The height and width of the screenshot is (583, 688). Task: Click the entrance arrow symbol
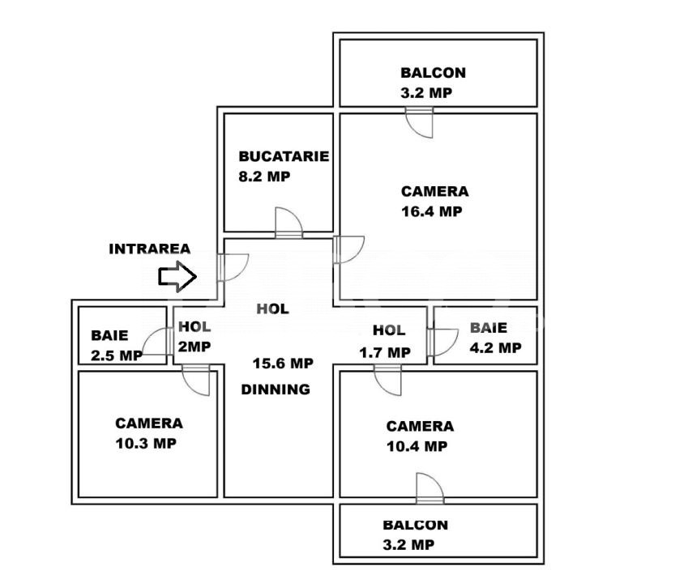pyautogui.click(x=177, y=276)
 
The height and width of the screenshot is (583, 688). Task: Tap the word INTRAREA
pyautogui.click(x=150, y=249)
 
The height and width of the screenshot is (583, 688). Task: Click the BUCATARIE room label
pyautogui.click(x=284, y=156)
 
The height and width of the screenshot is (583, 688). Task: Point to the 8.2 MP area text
pyautogui.click(x=264, y=177)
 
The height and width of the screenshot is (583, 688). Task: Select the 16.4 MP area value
pyautogui.click(x=432, y=211)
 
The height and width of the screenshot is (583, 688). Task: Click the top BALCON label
pyautogui.click(x=433, y=73)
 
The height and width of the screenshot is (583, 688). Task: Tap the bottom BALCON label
pyautogui.click(x=415, y=525)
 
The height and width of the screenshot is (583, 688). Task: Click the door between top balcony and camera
pyautogui.click(x=419, y=122)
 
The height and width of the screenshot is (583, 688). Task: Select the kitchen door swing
pyautogui.click(x=288, y=223)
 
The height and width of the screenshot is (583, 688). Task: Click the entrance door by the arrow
pyautogui.click(x=233, y=267)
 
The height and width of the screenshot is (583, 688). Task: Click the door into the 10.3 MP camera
pyautogui.click(x=195, y=380)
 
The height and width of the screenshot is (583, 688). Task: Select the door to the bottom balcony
pyautogui.click(x=430, y=488)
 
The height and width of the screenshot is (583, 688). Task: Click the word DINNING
pyautogui.click(x=276, y=389)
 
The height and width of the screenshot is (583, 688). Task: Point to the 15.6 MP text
pyautogui.click(x=283, y=364)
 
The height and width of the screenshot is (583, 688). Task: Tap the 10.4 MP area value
pyautogui.click(x=417, y=446)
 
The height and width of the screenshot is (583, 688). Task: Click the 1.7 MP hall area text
pyautogui.click(x=385, y=352)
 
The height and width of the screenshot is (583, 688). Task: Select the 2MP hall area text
pyautogui.click(x=194, y=347)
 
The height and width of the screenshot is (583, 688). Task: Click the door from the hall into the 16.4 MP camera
pyautogui.click(x=348, y=250)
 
